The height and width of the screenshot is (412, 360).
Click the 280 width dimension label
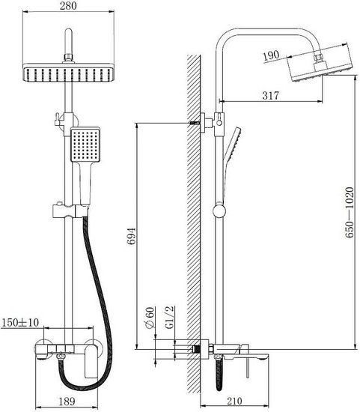pos(68,5)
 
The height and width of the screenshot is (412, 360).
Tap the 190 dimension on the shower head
pos(271,55)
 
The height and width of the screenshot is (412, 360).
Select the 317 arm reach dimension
pos(271,96)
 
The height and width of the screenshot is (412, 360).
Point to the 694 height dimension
pos(131,236)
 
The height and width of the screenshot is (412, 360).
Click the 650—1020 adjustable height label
pos(350,212)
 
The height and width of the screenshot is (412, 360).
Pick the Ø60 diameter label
pos(150,318)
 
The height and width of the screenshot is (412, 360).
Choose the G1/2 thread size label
pos(170,318)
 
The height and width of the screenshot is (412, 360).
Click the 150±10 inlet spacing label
pos(20,322)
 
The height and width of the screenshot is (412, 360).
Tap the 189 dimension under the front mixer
pos(67,402)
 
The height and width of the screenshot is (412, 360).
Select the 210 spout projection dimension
pos(234,401)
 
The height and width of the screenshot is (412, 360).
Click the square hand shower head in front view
pos(85,145)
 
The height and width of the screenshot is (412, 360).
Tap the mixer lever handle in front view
pos(91,361)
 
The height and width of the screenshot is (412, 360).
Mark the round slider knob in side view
pos(219,211)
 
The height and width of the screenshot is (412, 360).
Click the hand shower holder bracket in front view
pos(70,210)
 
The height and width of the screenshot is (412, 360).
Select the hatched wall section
pos(194,224)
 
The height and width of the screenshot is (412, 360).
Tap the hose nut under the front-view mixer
pos(61,357)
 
